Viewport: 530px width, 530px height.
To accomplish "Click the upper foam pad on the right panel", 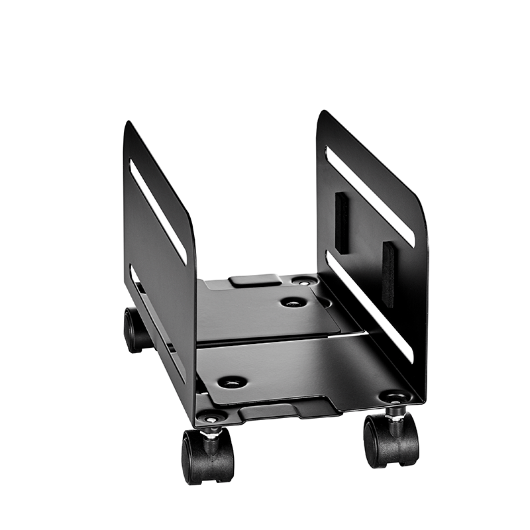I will pyautogui.click(x=342, y=223).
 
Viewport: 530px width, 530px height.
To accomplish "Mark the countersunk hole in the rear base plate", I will pyautogui.click(x=293, y=302).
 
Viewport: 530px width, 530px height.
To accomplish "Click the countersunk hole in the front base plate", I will pyautogui.click(x=232, y=382).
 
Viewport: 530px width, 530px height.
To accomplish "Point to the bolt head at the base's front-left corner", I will pyautogui.click(x=212, y=418).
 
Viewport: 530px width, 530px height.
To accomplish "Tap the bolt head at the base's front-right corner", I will pyautogui.click(x=396, y=397).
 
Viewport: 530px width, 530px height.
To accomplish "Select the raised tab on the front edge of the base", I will pyautogui.click(x=278, y=411).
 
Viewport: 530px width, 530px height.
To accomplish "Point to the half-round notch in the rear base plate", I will pyautogui.click(x=324, y=301).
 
